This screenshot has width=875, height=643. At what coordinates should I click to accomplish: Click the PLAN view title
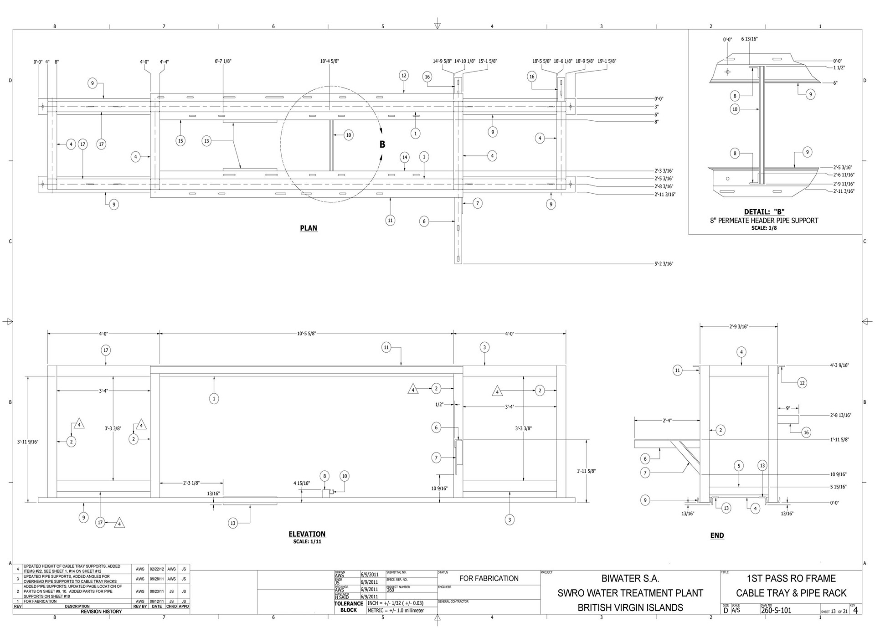309,228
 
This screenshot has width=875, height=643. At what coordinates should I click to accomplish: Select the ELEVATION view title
307,534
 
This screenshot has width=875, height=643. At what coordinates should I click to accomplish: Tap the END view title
717,535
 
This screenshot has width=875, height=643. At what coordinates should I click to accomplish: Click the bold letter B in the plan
382,144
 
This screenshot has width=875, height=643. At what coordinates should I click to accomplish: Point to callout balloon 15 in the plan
180,141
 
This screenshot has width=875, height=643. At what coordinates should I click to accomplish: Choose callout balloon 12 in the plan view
404,76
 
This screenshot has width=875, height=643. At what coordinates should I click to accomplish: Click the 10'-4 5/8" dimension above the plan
329,61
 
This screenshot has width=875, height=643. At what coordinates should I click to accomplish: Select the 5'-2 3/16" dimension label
664,264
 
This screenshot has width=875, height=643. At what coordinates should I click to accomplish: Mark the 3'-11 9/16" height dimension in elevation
28,442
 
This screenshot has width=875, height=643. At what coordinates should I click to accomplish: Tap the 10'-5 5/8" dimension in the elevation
306,334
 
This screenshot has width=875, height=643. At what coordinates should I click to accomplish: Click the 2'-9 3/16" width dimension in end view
739,326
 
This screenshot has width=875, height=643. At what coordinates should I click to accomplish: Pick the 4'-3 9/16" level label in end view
839,365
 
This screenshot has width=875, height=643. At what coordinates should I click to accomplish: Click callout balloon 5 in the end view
739,466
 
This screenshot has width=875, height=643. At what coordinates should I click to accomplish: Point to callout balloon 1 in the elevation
214,399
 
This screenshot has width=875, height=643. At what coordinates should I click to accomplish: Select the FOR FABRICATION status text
489,578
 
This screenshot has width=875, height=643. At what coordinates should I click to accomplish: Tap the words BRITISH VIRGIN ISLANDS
630,607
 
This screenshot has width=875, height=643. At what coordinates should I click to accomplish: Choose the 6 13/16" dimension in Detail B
749,39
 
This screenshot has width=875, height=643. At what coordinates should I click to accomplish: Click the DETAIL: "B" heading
764,211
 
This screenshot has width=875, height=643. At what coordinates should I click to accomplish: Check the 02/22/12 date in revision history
157,569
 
